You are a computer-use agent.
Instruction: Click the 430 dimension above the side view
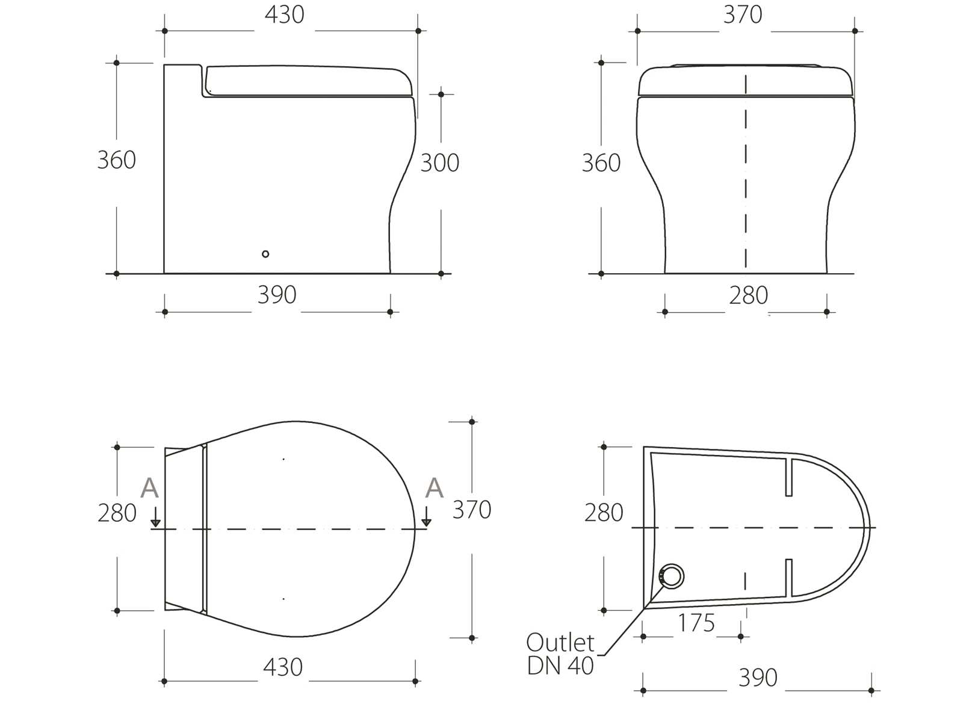click(284, 14)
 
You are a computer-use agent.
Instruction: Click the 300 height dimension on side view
click(439, 163)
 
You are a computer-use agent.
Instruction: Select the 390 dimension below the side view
click(277, 295)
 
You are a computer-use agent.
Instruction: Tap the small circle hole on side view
click(265, 254)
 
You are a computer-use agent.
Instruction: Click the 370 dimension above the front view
click(743, 14)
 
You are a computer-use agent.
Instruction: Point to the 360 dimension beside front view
click(601, 163)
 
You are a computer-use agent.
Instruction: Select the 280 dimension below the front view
click(748, 295)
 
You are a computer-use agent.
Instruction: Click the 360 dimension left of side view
click(116, 160)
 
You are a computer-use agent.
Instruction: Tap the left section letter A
click(149, 489)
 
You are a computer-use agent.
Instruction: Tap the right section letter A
click(434, 489)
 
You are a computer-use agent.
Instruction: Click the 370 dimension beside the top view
click(472, 510)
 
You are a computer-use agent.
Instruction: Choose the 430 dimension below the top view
click(283, 667)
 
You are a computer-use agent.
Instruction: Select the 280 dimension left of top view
click(117, 513)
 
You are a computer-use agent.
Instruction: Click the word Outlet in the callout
click(560, 643)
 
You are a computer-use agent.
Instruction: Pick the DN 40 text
click(560, 666)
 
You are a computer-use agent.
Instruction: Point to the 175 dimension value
click(696, 623)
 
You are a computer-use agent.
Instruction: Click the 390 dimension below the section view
click(758, 678)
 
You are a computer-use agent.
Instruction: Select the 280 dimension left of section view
click(604, 513)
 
